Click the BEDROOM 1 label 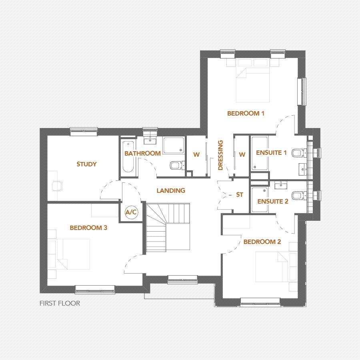(x=246, y=114)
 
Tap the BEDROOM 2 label (x=262, y=242)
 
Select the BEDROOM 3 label (x=88, y=228)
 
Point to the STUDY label (x=86, y=164)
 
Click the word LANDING (x=171, y=191)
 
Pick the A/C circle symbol (x=131, y=212)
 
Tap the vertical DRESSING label (x=220, y=155)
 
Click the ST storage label (x=240, y=195)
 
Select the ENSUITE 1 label (x=272, y=153)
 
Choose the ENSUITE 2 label (x=273, y=202)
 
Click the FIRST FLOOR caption (x=60, y=304)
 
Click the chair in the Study (x=58, y=185)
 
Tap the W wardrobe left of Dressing (x=196, y=155)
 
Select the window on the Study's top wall (x=84, y=130)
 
